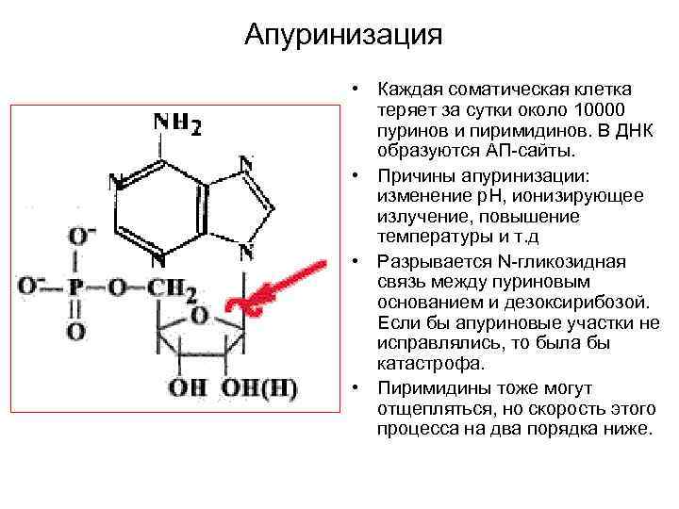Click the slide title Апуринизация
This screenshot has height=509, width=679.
(x=343, y=35)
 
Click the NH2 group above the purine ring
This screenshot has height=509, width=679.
(x=176, y=124)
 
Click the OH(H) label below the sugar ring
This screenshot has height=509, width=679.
(x=258, y=386)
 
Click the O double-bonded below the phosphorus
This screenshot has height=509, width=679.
(x=76, y=330)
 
